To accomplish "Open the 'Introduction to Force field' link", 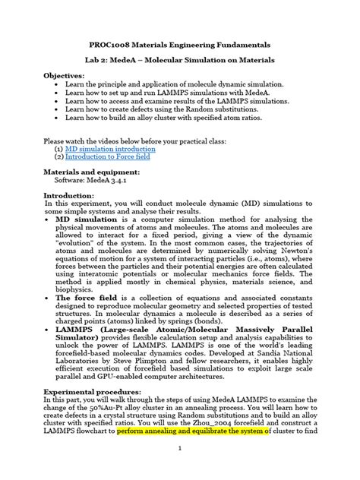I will coord(110,158).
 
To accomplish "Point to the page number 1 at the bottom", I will coord(179,469).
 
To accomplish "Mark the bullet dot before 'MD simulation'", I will coord(48,219).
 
